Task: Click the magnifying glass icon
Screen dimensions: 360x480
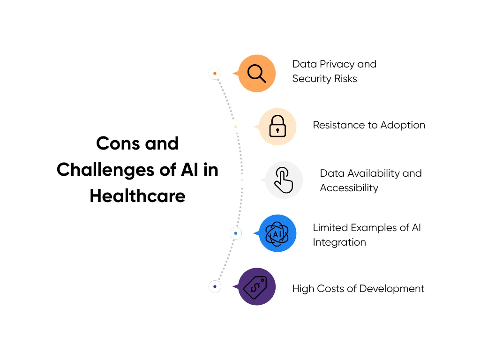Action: (x=256, y=74)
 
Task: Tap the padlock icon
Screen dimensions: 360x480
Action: (x=277, y=127)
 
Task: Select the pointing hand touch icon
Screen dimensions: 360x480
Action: (x=284, y=180)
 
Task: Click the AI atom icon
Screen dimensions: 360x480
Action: (x=277, y=233)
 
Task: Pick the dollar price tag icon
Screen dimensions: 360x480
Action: (x=256, y=286)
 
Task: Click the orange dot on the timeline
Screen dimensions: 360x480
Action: (x=215, y=74)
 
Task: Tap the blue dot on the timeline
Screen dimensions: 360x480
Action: (x=235, y=233)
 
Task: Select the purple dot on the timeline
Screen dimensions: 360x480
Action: (x=215, y=286)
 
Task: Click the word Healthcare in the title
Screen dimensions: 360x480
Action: (x=137, y=195)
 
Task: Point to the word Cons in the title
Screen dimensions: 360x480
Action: (x=118, y=143)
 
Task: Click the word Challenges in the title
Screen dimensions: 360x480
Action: (x=106, y=169)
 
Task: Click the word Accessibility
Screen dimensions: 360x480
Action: (x=349, y=188)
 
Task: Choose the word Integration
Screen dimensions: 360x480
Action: (x=339, y=242)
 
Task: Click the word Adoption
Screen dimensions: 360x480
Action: (x=403, y=125)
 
